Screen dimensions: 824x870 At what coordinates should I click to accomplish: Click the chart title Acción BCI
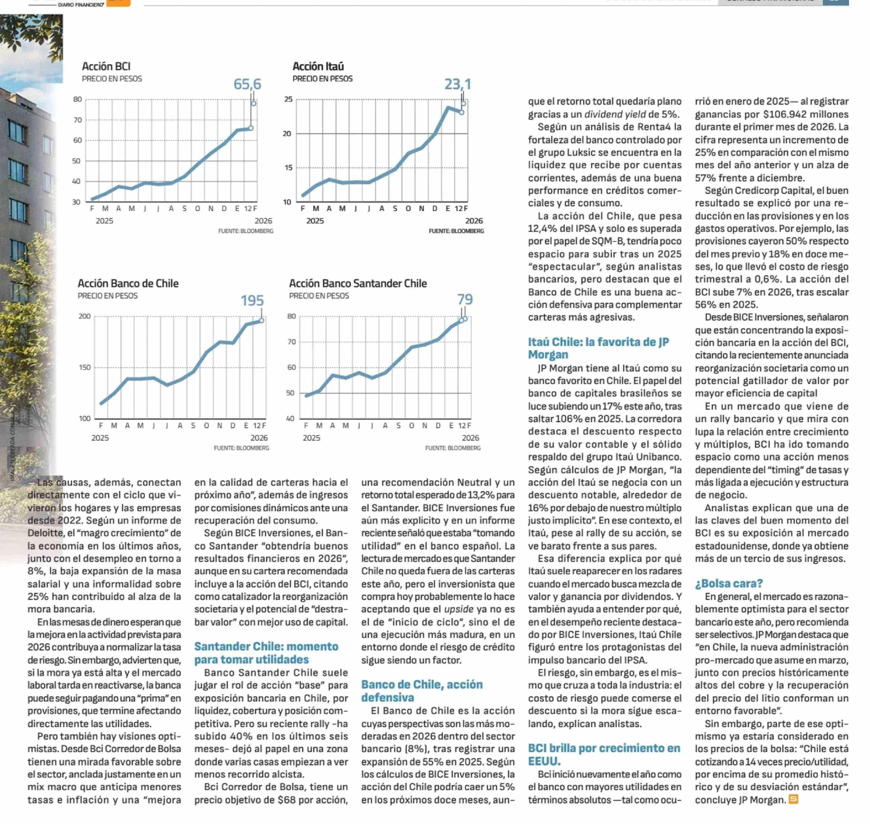106,66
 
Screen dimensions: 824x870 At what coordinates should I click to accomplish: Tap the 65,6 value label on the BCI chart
247,84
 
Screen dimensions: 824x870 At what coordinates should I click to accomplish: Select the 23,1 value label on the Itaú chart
458,84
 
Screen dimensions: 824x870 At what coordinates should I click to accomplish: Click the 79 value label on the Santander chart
465,300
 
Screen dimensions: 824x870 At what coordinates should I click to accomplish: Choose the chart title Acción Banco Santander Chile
358,283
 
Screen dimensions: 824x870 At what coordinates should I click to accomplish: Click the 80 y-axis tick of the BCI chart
77,99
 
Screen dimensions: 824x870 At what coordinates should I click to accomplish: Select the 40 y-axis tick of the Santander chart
291,418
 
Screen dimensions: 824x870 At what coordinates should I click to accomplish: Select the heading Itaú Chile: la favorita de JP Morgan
598,348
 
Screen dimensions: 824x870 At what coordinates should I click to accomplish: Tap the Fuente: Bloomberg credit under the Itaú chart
456,231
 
